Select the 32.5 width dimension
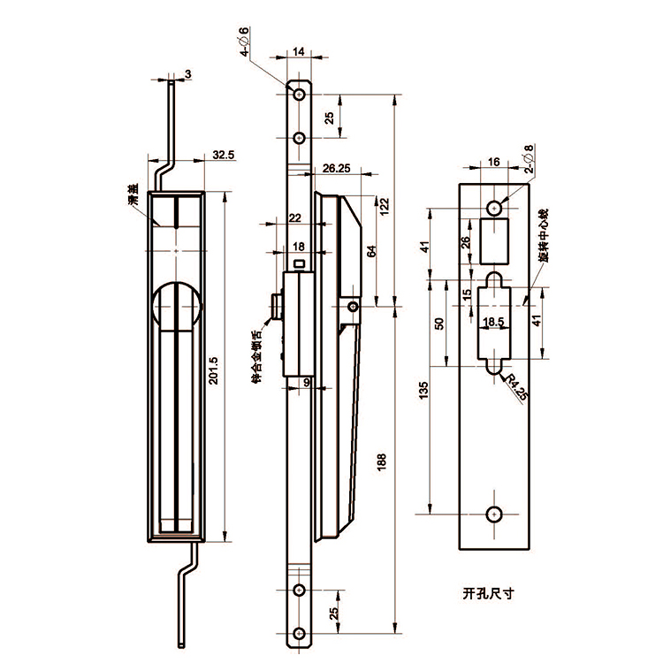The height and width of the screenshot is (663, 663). pos(224,156)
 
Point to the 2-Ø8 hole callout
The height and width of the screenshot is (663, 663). pos(527,157)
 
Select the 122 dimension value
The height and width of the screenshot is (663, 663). pos(384,206)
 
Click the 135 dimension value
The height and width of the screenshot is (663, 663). pos(424,390)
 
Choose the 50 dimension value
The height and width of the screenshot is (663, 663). pos(439,324)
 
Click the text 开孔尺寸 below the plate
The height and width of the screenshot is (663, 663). pos(488,593)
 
